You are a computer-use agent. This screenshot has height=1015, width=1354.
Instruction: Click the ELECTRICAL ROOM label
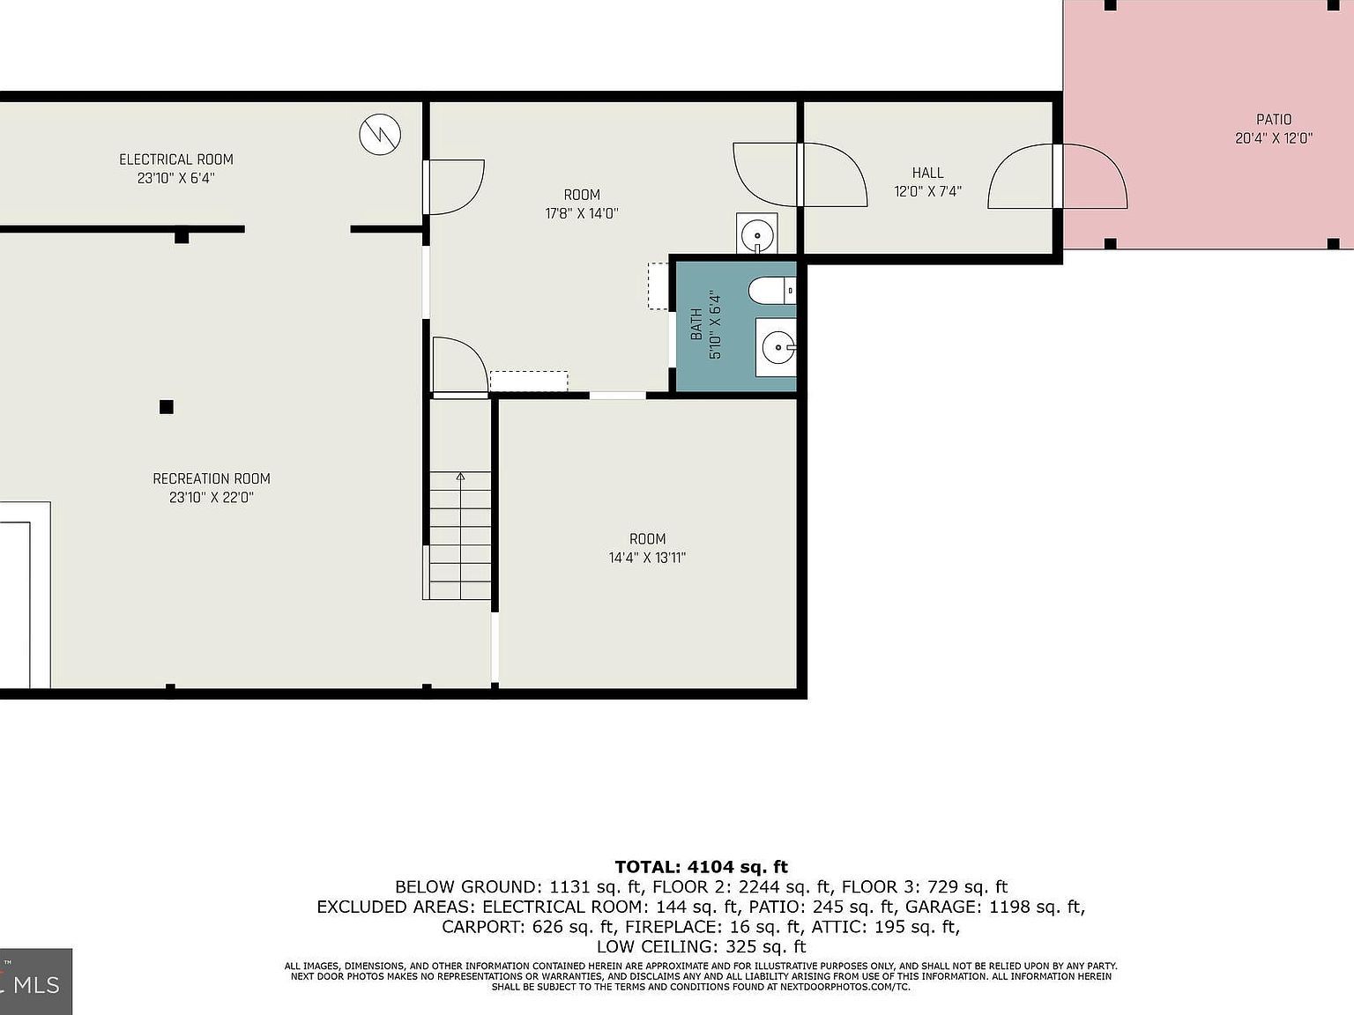click(176, 159)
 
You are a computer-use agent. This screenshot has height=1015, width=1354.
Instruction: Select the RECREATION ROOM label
click(212, 478)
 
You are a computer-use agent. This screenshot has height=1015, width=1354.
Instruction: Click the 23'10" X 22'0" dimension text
click(212, 498)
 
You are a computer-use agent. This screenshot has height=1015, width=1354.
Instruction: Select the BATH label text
click(696, 324)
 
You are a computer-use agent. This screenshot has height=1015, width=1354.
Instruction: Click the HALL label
click(927, 173)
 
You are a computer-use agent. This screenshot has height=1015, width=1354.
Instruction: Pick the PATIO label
click(1274, 120)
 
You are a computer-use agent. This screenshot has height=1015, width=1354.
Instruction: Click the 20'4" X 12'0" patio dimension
click(1274, 138)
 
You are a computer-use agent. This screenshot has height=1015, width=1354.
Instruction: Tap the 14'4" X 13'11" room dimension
click(647, 558)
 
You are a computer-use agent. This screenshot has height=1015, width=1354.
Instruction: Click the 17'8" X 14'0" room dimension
click(582, 213)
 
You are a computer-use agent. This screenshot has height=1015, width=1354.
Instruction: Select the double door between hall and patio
click(1058, 176)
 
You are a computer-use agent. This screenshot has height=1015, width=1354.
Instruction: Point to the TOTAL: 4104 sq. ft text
click(701, 867)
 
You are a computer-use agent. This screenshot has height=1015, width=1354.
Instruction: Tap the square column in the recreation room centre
click(166, 406)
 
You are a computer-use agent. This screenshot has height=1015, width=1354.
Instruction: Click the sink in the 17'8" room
click(756, 234)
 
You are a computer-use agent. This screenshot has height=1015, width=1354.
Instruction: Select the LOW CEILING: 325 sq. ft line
click(701, 947)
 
